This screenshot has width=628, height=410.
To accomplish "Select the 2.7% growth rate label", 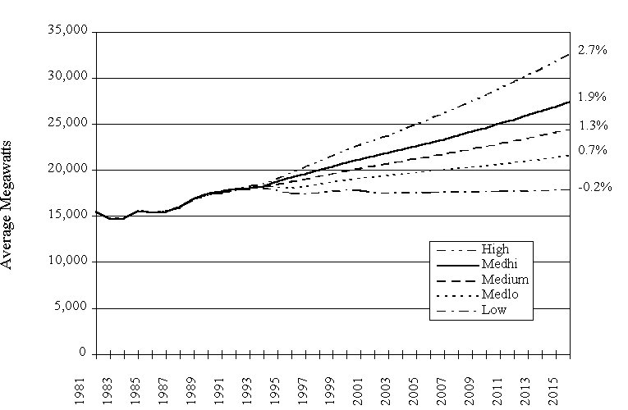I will pyautogui.click(x=592, y=50).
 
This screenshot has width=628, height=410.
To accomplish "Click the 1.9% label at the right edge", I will pyautogui.click(x=592, y=97).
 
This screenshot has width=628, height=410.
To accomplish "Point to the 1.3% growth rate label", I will pyautogui.click(x=592, y=125).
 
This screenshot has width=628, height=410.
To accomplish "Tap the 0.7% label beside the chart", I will pyautogui.click(x=592, y=150).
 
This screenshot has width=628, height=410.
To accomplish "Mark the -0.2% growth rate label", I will pyautogui.click(x=594, y=187).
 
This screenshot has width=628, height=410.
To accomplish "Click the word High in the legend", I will pyautogui.click(x=496, y=249).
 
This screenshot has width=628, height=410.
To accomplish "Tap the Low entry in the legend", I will pyautogui.click(x=494, y=310).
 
